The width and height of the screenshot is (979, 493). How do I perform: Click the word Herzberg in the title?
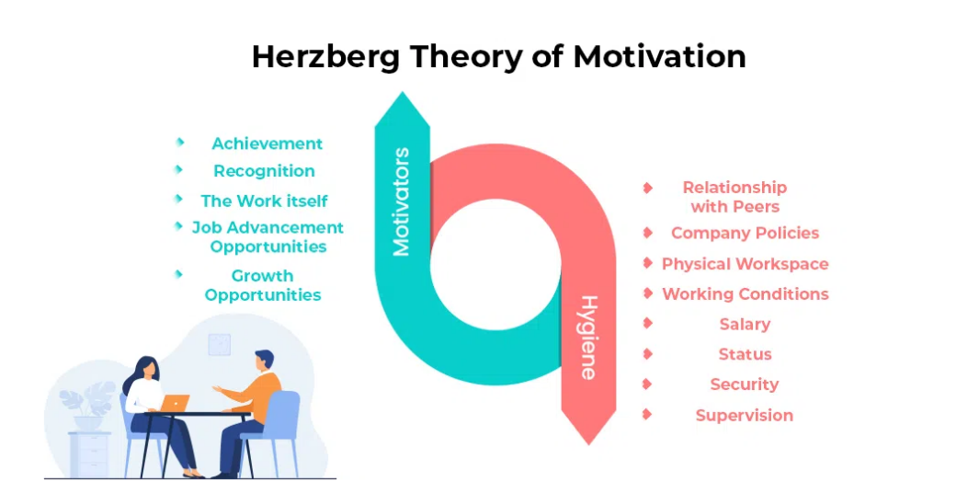click(x=325, y=58)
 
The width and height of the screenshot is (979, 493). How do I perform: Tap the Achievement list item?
click(x=268, y=143)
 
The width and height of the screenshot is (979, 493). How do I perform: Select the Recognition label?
click(x=264, y=171)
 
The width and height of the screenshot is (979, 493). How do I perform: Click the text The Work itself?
click(x=264, y=201)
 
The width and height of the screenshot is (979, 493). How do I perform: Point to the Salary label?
click(x=745, y=325)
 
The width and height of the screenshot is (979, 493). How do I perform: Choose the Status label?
click(x=745, y=354)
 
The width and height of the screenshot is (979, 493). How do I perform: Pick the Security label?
click(x=745, y=384)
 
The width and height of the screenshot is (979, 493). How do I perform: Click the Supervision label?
click(x=745, y=415)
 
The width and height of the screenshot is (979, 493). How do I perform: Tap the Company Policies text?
click(x=745, y=233)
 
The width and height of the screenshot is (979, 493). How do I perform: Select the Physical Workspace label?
click(x=746, y=264)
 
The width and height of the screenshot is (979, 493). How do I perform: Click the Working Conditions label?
click(x=746, y=294)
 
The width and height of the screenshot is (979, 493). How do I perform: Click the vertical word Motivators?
click(x=402, y=201)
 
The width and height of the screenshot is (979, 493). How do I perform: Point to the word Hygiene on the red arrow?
click(x=588, y=338)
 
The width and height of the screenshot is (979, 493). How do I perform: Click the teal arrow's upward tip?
click(x=402, y=93)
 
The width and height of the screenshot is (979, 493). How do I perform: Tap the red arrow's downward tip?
click(x=588, y=444)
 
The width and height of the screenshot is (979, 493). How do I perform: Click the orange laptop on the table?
click(x=175, y=404)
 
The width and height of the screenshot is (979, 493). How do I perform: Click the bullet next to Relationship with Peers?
click(x=648, y=188)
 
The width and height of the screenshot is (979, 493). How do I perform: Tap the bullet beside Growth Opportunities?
click(x=178, y=274)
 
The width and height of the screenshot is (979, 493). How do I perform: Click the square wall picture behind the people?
click(x=219, y=344)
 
